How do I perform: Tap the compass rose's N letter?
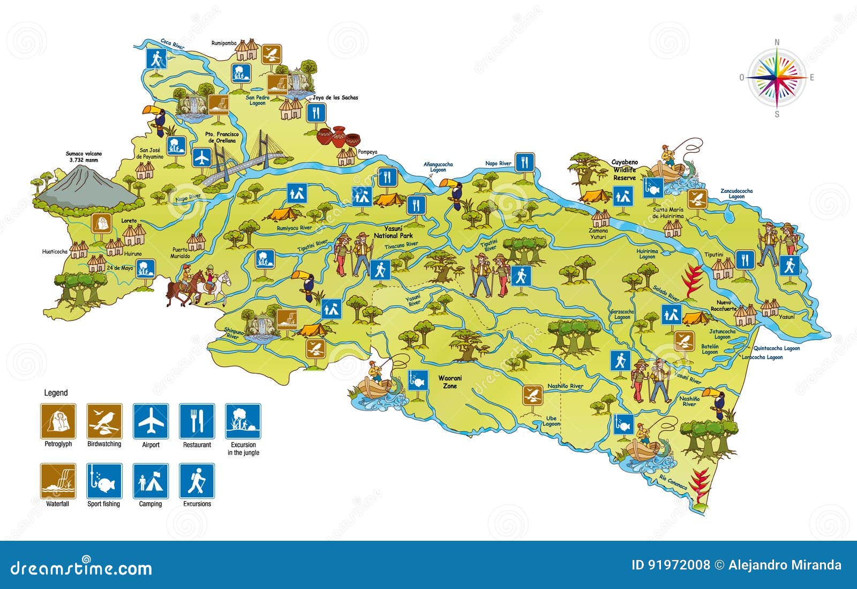coord(777,42)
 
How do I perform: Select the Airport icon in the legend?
coord(151,421)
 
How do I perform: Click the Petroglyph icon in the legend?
coord(58,421)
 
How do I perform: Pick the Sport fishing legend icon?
coord(104,481)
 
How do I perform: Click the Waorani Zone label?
coord(450,382)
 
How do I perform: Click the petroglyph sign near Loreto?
coord(102,223)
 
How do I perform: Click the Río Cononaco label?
coord(673,482)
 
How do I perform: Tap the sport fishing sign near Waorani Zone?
coord(417,379)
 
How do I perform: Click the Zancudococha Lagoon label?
coord(736,193)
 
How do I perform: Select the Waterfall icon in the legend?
coord(58,481)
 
